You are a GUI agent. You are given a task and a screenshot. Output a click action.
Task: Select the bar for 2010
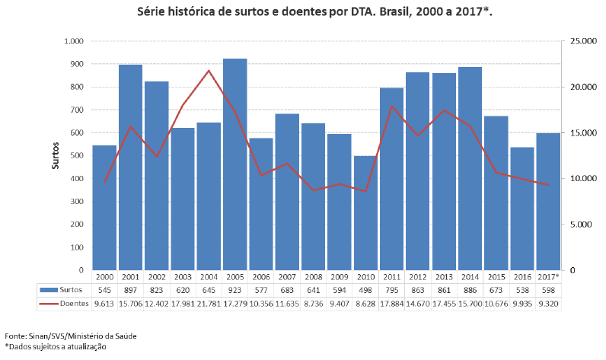coord(365,213)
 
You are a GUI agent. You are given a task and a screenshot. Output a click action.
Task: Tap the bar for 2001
coord(130,167)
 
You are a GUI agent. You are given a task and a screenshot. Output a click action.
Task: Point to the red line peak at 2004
coord(209,71)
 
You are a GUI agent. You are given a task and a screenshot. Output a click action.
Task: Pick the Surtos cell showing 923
coord(234,290)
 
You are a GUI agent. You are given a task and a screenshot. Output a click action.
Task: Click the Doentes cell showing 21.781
coord(209,303)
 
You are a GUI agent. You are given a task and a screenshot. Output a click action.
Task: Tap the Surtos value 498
coord(365,290)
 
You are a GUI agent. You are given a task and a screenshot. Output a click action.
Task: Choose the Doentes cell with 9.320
coord(547,303)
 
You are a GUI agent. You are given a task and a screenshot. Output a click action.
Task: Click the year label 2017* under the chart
coord(547,277)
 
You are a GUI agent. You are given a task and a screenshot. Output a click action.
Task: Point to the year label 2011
coord(391,277)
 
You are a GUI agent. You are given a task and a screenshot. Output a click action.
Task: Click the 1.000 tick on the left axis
coord(73,41)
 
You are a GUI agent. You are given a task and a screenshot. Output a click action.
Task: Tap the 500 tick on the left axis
coord(76,155)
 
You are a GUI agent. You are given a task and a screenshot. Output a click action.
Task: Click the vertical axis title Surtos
coord(56,155)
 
